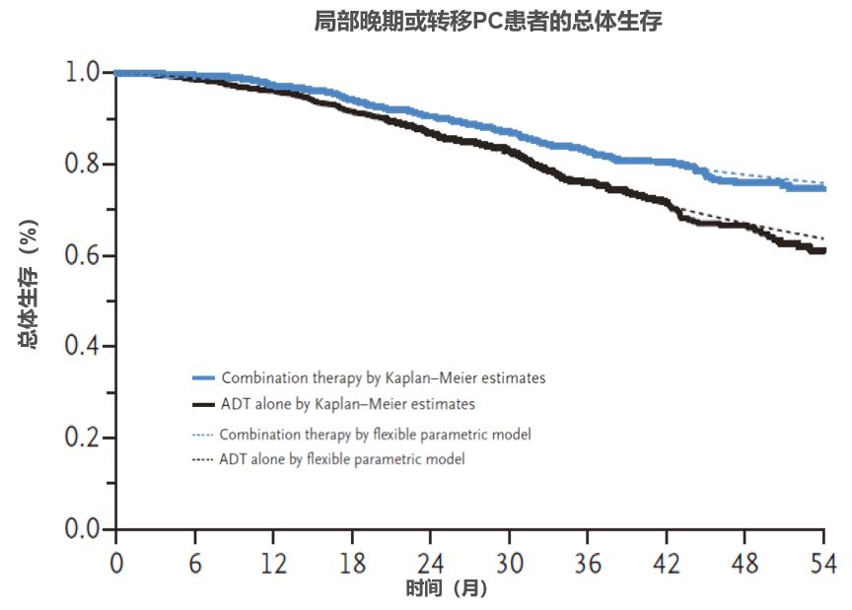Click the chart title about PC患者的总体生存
487,22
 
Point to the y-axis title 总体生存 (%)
29,296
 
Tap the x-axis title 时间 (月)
446,589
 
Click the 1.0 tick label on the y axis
83,72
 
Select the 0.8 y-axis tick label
83,164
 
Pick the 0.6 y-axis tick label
83,255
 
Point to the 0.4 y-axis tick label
83,346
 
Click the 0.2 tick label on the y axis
83,438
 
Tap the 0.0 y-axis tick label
83,529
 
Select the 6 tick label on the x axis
194,564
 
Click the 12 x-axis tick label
273,564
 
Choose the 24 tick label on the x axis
431,564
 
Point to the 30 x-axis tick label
509,564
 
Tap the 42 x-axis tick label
667,564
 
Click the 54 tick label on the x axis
824,564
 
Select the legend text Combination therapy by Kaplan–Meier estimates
383,377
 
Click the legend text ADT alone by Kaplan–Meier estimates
348,404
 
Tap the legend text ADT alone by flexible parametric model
342,459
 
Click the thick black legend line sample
203,404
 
